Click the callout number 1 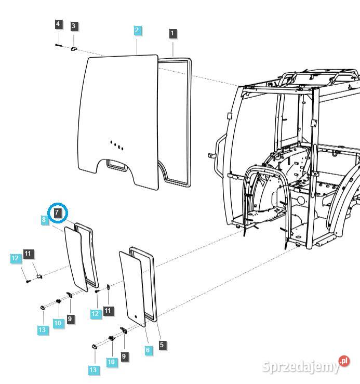tap(172, 33)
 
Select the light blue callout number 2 tap(137, 30)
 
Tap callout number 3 tap(73, 25)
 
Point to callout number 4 tap(58, 24)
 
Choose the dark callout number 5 tap(163, 345)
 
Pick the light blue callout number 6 tap(148, 350)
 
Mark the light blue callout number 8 tap(44, 220)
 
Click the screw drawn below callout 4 tap(58, 45)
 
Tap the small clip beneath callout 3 tap(74, 48)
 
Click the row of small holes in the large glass tap(117, 144)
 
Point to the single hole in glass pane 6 tap(134, 315)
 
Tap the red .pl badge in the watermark tap(344, 361)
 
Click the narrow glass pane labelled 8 tap(76, 258)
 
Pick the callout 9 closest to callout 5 tap(124, 356)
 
